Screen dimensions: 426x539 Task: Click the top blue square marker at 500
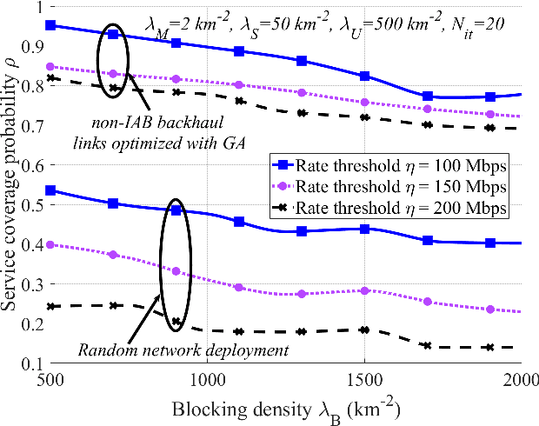pos(50,25)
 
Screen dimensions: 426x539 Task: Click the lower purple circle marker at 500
pos(50,245)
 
